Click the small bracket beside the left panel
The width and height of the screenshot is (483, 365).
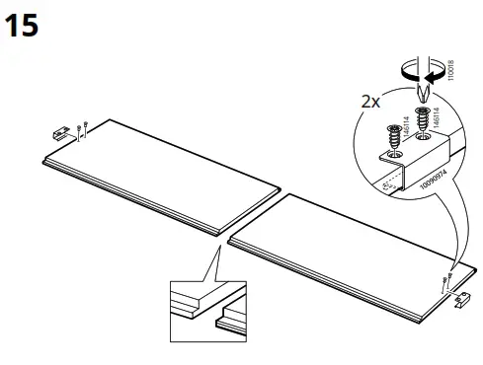click(62, 131)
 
